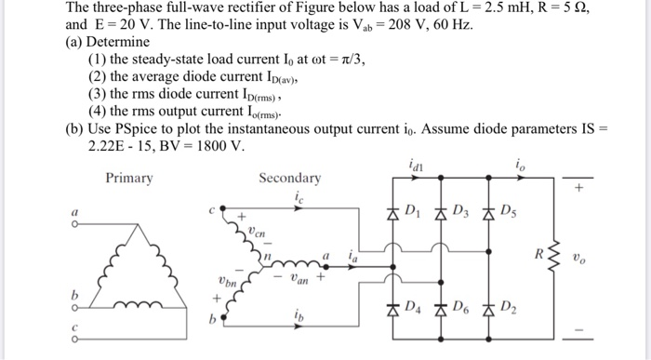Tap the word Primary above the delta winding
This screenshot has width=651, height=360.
point(128,178)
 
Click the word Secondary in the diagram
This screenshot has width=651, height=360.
point(289,178)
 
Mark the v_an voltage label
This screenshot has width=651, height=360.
point(297,277)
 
